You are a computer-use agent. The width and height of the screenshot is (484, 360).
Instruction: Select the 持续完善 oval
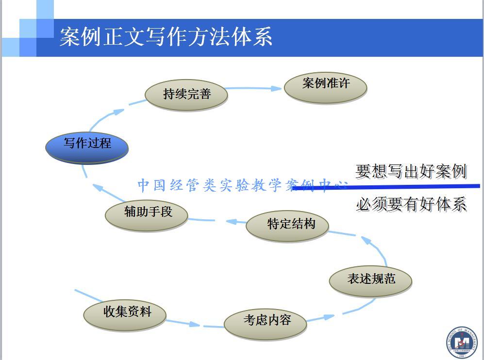[x=186, y=94]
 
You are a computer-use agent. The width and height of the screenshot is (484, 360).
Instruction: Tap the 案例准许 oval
[x=325, y=86]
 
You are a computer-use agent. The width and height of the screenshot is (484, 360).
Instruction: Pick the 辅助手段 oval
[x=147, y=215]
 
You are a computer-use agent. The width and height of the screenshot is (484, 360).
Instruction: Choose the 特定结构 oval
[x=288, y=226]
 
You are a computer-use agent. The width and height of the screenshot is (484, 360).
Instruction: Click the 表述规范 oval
[x=370, y=280]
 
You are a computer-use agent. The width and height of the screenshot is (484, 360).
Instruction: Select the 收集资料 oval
[x=125, y=314]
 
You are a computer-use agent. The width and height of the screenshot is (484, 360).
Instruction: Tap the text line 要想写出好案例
[x=411, y=171]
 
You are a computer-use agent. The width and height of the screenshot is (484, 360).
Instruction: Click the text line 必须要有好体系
[x=411, y=204]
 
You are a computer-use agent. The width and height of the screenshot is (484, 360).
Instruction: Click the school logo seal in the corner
[x=461, y=343]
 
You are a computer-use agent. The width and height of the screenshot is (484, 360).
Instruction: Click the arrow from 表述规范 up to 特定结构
[x=374, y=247]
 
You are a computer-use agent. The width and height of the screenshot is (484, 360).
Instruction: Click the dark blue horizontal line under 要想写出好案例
[x=388, y=187]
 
